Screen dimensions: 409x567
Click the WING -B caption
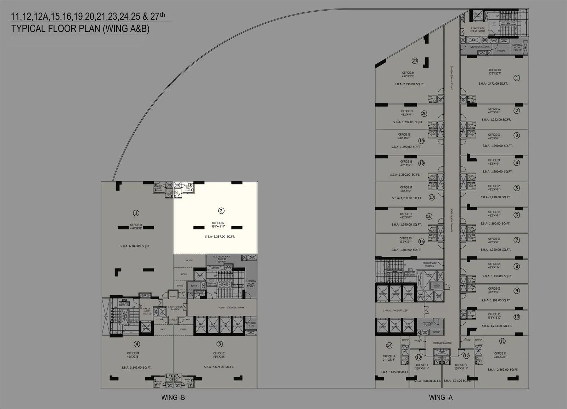(x=173, y=397)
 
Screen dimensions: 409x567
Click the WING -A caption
(x=440, y=397)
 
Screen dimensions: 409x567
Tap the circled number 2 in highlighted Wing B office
(x=221, y=211)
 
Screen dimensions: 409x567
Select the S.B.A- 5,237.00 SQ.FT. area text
(x=220, y=237)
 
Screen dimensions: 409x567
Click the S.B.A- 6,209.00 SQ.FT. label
(x=135, y=246)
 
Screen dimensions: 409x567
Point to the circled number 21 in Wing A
(x=415, y=61)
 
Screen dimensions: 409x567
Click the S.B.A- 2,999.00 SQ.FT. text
(x=409, y=84)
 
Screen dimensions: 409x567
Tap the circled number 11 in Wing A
(x=502, y=341)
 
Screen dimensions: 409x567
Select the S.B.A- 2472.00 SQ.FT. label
(x=493, y=84)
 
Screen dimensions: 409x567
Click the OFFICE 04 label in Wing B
(x=133, y=353)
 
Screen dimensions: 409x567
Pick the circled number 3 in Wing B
(x=220, y=344)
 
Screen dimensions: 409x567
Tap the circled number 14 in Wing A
(x=389, y=345)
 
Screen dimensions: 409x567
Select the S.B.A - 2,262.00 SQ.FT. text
(x=503, y=370)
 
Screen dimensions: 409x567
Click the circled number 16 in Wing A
(x=429, y=216)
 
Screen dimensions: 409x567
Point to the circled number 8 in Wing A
(x=517, y=266)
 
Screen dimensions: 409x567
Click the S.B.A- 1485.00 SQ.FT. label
(x=394, y=372)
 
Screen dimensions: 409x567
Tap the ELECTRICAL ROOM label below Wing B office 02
(x=221, y=257)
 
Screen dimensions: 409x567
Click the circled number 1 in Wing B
(x=136, y=213)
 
